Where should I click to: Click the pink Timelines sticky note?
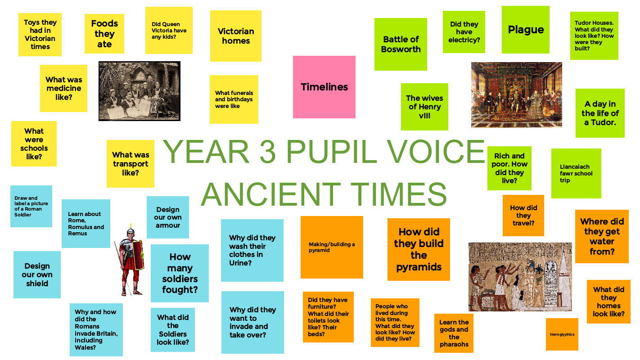(324, 87)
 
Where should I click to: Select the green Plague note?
(525, 30)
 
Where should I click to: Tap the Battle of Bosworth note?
(401, 44)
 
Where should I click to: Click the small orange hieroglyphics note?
(562, 334)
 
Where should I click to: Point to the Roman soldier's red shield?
(138, 255)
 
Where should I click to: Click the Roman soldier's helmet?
(131, 231)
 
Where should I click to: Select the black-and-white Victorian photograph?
(140, 91)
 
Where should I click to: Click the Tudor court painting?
(517, 95)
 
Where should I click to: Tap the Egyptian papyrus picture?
(520, 277)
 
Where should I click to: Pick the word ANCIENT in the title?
(271, 194)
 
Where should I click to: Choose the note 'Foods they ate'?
(104, 34)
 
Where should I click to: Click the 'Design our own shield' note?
(37, 274)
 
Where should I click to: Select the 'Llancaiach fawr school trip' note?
(576, 173)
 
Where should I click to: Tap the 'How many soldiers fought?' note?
(180, 273)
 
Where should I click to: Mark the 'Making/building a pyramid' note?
(332, 247)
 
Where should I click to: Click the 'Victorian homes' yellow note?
(236, 36)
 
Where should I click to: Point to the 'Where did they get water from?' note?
(602, 236)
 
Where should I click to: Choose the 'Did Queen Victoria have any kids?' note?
(169, 30)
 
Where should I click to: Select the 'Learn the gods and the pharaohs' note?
(454, 333)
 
